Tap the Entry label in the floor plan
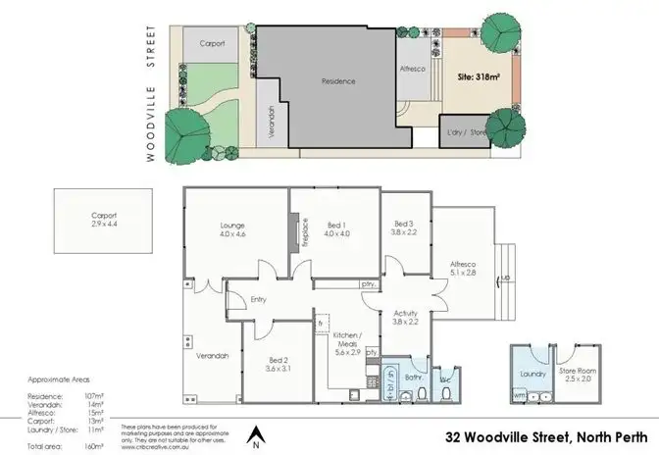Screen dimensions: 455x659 tap(259, 300)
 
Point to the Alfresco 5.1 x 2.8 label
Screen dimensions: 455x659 tap(463, 269)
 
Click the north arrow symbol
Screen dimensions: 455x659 tap(254, 432)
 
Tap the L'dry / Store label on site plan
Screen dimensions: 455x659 tap(466, 131)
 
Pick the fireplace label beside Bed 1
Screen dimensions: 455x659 tap(304, 237)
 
